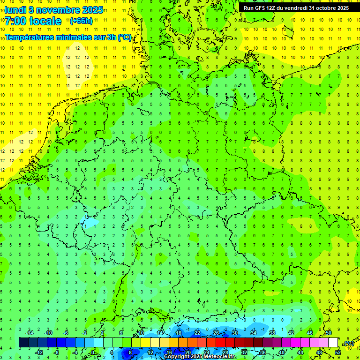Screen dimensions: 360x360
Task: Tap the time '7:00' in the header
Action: point(17,21)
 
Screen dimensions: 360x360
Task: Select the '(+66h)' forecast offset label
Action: point(81,21)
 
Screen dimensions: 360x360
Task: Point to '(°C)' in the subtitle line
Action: point(125,37)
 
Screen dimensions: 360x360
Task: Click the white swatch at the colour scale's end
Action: point(333,343)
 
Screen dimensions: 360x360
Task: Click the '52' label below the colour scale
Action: point(337,352)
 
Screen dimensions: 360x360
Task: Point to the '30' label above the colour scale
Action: point(234,333)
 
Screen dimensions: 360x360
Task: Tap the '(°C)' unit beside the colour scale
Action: point(349,343)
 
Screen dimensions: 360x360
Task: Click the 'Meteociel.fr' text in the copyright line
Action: point(220,357)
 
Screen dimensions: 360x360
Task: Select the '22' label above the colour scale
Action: point(197,333)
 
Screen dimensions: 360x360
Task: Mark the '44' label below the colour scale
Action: point(300,352)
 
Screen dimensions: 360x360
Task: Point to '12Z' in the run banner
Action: point(272,8)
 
